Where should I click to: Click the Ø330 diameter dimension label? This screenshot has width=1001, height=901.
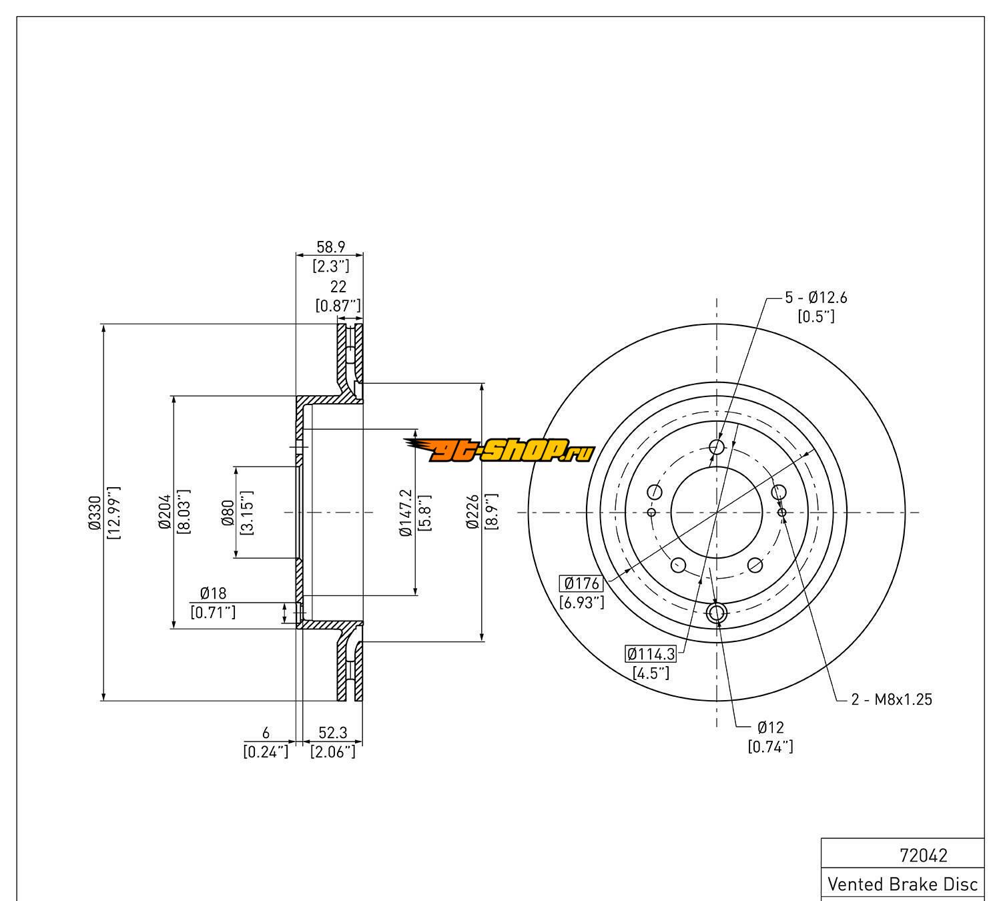[x=94, y=513]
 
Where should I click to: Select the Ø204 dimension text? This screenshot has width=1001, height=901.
[x=166, y=513]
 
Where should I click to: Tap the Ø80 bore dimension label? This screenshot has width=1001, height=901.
[x=228, y=513]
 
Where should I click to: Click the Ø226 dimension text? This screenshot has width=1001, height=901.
[x=473, y=513]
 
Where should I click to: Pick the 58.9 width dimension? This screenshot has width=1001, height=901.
[x=330, y=247]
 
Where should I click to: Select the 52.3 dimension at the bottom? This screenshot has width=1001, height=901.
[x=332, y=733]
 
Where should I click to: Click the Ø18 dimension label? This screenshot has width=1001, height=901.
[x=213, y=593]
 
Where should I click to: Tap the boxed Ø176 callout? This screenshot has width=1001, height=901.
[x=582, y=584]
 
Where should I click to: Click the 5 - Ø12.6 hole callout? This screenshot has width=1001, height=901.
[x=815, y=298]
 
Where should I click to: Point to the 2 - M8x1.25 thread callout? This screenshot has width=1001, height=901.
[x=891, y=699]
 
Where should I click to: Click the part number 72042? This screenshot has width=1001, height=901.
[x=924, y=855]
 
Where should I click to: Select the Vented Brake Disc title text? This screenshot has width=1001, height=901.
[x=902, y=884]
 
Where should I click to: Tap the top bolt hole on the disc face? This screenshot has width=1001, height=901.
[x=717, y=447]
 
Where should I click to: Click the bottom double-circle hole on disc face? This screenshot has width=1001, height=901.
[x=717, y=613]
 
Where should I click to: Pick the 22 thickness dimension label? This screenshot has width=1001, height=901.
[x=338, y=286]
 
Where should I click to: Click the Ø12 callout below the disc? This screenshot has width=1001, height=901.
[x=771, y=727]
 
